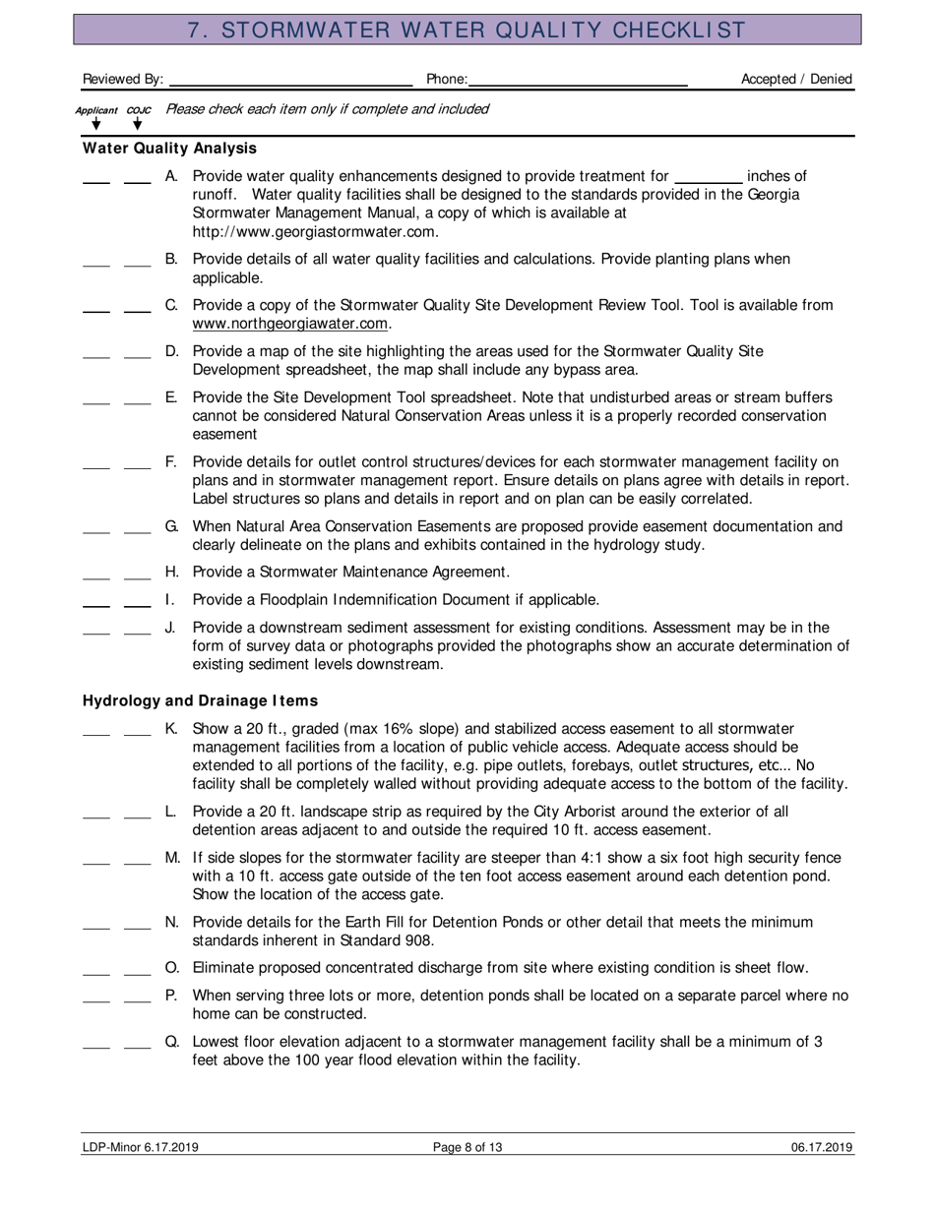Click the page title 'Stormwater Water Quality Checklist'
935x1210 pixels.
[467, 30]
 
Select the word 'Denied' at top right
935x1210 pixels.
[831, 79]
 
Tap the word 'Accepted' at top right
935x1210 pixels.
[770, 79]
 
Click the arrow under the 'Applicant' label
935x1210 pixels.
[95, 125]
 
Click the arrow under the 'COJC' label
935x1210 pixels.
[138, 125]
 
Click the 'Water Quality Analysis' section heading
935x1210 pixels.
[169, 149]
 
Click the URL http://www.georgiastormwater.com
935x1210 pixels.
[315, 232]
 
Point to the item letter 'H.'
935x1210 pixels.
[171, 572]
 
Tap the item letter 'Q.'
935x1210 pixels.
[171, 1042]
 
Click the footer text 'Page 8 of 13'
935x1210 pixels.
[467, 1147]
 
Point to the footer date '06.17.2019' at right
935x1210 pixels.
[821, 1147]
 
